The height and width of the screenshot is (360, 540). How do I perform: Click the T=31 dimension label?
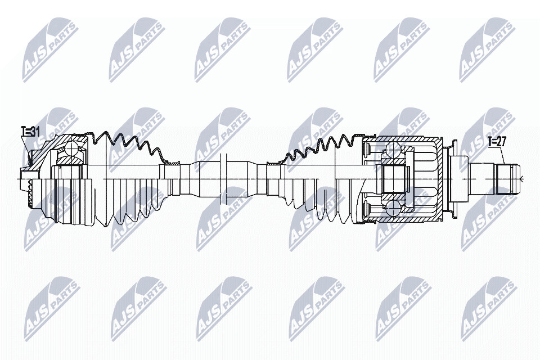(30, 131)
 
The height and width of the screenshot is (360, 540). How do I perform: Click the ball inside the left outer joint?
(72, 148)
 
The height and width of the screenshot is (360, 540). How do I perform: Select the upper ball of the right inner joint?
(393, 149)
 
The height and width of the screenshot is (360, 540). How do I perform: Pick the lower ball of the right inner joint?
(393, 208)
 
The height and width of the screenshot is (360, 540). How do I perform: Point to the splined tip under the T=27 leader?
(507, 179)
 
